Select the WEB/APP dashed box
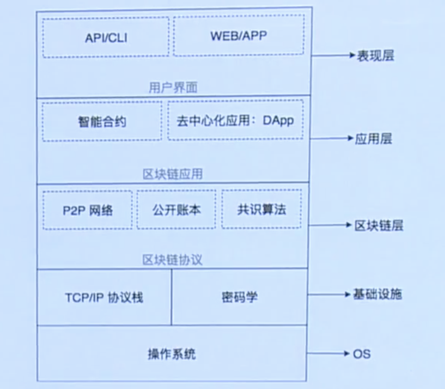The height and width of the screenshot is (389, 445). [x=239, y=35]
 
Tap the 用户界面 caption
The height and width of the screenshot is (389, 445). [x=173, y=88]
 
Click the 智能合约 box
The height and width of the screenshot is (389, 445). [x=102, y=122]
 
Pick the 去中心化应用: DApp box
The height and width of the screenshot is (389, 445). [x=236, y=120]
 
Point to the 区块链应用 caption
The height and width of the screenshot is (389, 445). [x=173, y=174]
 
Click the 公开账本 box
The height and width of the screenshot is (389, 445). [x=176, y=210]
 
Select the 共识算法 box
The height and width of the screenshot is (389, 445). [x=262, y=209]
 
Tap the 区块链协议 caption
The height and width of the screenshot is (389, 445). [x=173, y=260]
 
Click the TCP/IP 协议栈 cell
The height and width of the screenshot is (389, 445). [x=104, y=297]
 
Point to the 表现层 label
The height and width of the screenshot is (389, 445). [x=375, y=55]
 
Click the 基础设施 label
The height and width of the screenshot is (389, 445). [x=378, y=294]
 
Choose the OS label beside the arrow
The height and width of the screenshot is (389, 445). [x=361, y=353]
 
